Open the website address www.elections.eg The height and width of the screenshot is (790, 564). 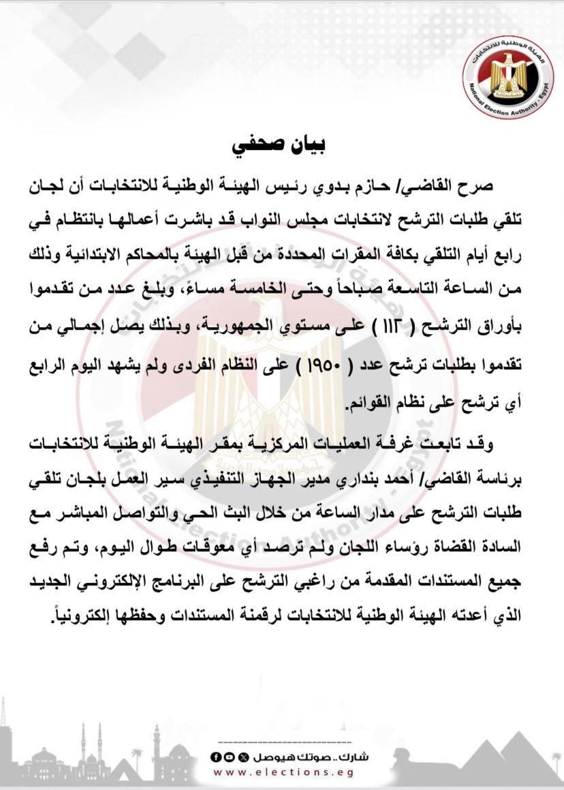coord(283,772)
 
